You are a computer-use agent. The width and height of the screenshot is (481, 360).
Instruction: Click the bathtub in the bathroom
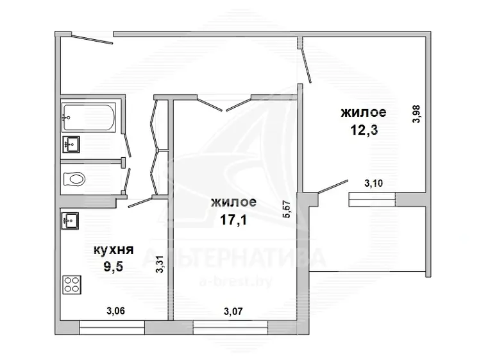[x=89, y=117]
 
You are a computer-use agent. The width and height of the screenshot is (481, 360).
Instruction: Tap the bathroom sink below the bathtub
[x=71, y=144]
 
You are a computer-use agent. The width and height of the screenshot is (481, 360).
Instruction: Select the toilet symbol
[x=74, y=179]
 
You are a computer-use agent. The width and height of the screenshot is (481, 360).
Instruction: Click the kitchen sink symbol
[x=71, y=220]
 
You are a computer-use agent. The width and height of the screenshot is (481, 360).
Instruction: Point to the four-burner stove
[x=72, y=285]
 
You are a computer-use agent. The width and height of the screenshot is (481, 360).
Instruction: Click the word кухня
[x=114, y=250]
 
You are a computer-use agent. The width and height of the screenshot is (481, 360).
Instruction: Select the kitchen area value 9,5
[x=114, y=267]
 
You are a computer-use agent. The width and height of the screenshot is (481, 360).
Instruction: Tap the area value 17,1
[x=233, y=219]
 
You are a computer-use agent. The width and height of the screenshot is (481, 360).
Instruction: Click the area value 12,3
[x=364, y=130]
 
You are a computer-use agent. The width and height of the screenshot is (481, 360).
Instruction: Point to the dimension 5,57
[x=287, y=209]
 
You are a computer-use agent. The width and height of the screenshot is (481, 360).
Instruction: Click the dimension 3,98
[x=418, y=114]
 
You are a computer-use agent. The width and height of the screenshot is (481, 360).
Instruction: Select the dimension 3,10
[x=373, y=184]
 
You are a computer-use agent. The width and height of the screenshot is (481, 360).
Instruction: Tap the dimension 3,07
[x=233, y=311]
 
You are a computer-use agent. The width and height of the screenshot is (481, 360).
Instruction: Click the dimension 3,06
[x=115, y=311]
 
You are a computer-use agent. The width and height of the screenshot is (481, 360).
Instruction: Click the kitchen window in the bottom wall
[x=112, y=327]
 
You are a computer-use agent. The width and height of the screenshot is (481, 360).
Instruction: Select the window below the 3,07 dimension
[x=230, y=327]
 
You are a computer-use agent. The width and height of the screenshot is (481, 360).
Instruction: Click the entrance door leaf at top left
[x=92, y=40]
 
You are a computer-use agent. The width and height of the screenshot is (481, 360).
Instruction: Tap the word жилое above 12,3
[x=364, y=112]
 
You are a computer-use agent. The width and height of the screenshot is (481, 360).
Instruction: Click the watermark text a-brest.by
[x=235, y=282]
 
